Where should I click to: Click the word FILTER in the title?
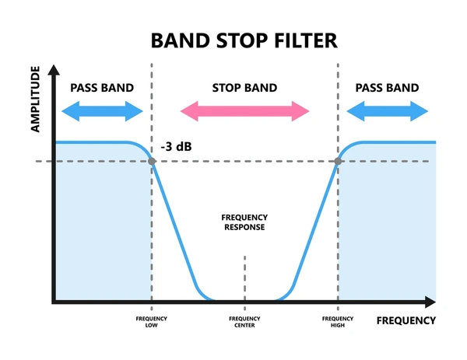306,40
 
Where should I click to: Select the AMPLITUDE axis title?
35,99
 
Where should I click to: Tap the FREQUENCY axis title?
406,320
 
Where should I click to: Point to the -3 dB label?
177,147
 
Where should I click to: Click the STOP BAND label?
244,88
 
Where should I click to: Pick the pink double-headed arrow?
245,111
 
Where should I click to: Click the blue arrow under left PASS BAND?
102,111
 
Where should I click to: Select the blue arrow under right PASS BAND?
387,111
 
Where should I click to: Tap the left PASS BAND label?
102,88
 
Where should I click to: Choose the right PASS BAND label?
387,88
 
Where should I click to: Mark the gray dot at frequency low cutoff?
152,161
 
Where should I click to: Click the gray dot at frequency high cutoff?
338,161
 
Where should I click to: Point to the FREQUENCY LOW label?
151,322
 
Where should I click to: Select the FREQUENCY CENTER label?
244,322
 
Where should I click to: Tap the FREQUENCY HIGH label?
338,322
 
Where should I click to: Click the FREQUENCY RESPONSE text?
244,222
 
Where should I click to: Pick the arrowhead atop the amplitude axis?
54,70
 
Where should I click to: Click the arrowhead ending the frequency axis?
430,302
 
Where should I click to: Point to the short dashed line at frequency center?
245,283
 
